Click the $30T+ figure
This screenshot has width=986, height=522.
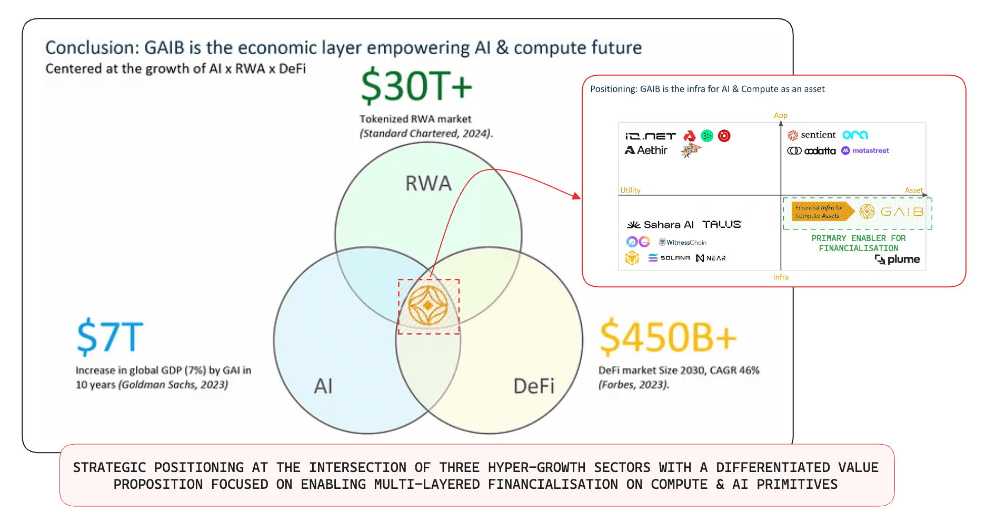click(x=416, y=86)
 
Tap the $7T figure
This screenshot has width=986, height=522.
click(x=110, y=337)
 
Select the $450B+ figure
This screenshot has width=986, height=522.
click(x=668, y=337)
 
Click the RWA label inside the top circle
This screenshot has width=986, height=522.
click(x=429, y=184)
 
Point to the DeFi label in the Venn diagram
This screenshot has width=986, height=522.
click(x=534, y=386)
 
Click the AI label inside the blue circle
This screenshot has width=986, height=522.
click(x=323, y=386)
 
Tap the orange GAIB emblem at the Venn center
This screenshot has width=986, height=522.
click(x=428, y=306)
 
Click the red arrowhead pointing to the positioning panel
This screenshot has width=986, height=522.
click(x=576, y=197)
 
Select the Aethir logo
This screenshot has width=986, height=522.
click(x=646, y=150)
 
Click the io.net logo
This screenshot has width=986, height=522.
click(x=650, y=136)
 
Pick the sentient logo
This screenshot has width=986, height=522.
click(x=812, y=135)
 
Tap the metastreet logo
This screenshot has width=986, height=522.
click(x=865, y=150)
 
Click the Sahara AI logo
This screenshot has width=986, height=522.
click(x=660, y=225)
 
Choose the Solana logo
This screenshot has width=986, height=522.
click(x=669, y=258)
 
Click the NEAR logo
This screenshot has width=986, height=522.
click(x=711, y=258)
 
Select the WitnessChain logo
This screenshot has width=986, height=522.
click(x=683, y=243)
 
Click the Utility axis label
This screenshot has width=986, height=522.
click(x=630, y=190)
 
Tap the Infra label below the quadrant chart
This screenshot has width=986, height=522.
click(x=781, y=277)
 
